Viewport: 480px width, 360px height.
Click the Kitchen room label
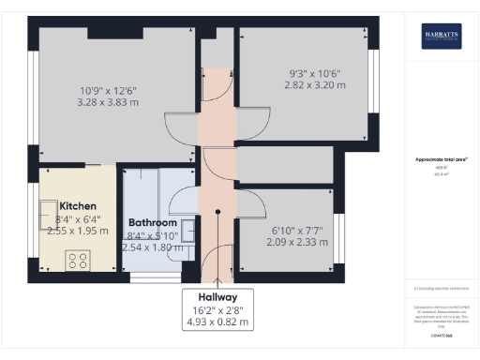78,205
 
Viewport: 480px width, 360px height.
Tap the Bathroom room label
152,222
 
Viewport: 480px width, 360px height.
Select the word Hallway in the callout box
217,295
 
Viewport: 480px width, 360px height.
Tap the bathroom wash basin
188,230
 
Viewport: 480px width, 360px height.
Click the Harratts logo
441,37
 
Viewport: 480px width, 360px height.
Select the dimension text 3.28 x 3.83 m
107,102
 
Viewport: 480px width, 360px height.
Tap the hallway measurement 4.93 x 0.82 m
217,322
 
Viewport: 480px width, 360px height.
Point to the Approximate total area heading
441,159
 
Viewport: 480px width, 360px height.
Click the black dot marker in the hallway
217,212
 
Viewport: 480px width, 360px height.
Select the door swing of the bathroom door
183,202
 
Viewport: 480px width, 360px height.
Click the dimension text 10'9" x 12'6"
107,91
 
